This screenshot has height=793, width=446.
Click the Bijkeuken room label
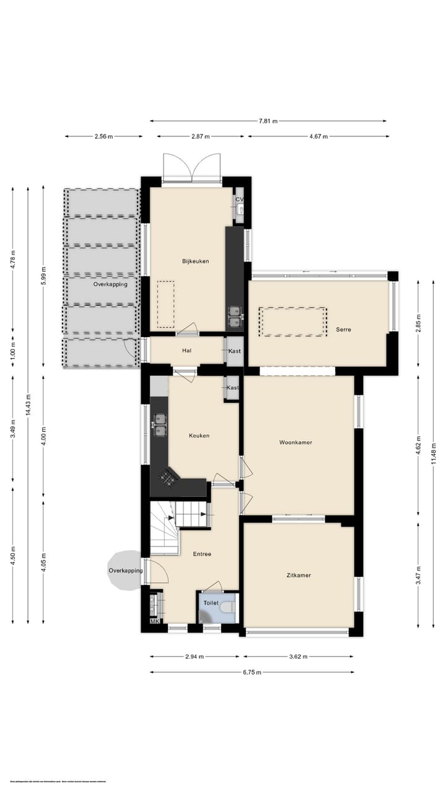point(195,261)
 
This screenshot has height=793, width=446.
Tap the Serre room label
point(343,330)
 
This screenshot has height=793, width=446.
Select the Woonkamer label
point(295,443)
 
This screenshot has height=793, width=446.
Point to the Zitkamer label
point(299,576)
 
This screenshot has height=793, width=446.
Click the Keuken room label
point(199,436)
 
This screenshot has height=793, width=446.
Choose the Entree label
point(202,554)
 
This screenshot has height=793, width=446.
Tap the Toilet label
point(212,602)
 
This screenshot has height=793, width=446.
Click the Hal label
point(186,351)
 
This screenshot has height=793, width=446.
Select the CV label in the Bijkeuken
point(239,199)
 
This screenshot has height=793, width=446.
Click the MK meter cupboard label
point(154,621)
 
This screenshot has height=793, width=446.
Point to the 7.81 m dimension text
point(268,121)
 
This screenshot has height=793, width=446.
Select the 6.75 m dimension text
point(252,672)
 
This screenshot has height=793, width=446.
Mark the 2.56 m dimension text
point(104,136)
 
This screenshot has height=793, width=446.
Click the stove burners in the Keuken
point(168,476)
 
